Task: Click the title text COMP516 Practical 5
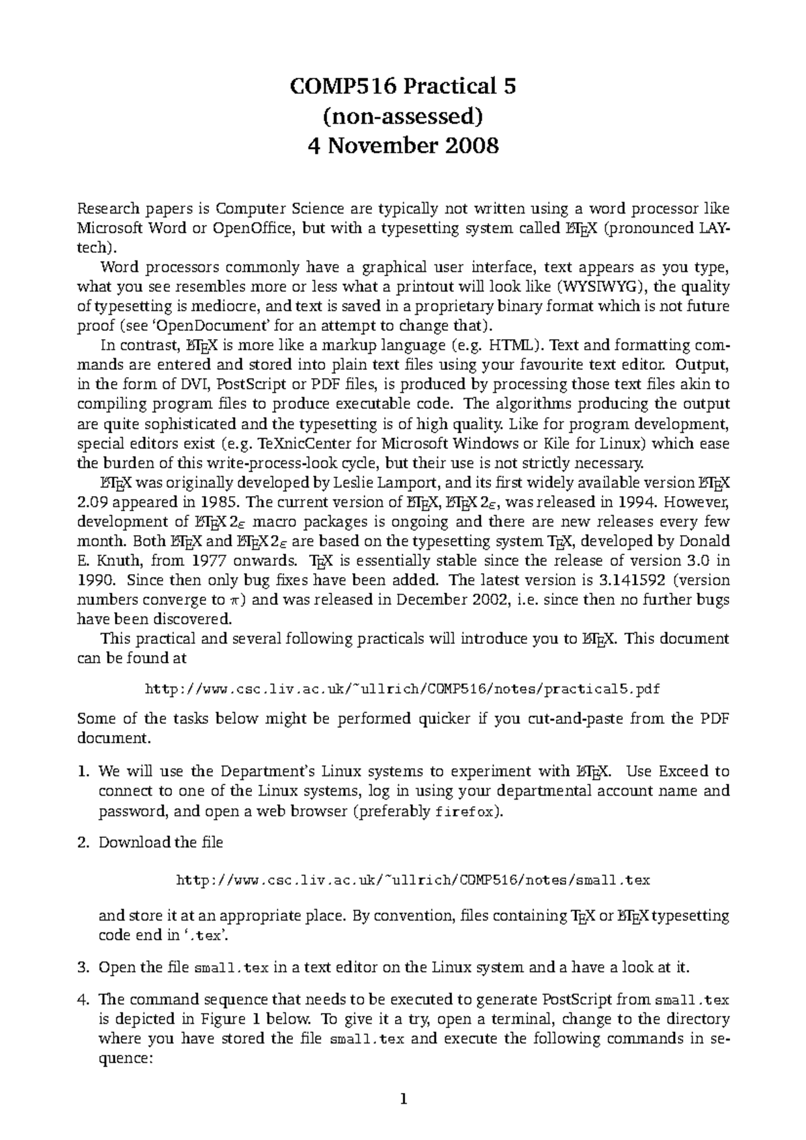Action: pyautogui.click(x=403, y=87)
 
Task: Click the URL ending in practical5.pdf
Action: pyautogui.click(x=403, y=689)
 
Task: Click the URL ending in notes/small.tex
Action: pyautogui.click(x=412, y=880)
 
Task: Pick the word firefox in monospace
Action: pyautogui.click(x=465, y=811)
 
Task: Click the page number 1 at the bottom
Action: pyautogui.click(x=403, y=1100)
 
